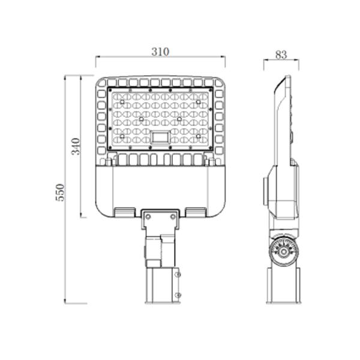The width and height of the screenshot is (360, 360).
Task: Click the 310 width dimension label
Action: [160, 52]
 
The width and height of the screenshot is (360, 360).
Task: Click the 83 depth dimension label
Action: [281, 55]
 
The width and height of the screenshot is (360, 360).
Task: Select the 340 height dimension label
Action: [76, 146]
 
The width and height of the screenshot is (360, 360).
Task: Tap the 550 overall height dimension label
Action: [60, 193]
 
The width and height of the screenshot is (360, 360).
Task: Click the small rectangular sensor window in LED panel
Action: [160, 137]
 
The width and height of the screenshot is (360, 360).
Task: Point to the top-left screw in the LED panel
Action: [122, 102]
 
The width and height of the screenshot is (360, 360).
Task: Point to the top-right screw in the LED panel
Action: [198, 102]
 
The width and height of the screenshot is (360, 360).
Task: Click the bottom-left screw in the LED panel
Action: [122, 136]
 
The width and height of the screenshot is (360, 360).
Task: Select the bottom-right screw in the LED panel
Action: [199, 136]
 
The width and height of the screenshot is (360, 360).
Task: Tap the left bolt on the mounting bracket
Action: [148, 217]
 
